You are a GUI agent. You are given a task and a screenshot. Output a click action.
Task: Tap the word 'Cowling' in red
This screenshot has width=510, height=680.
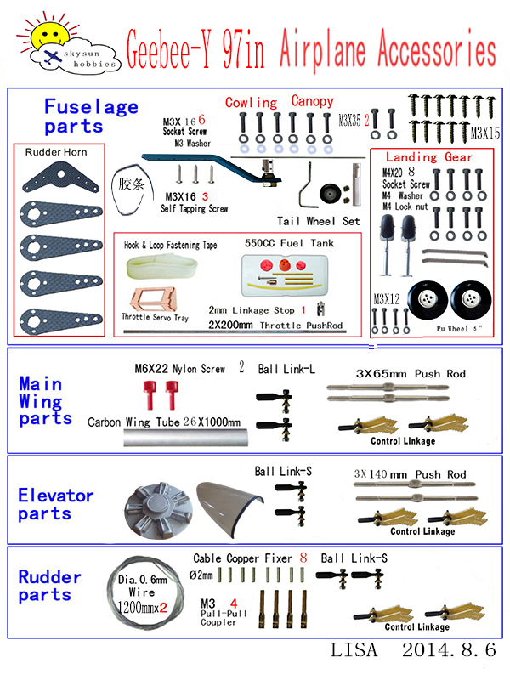point(251,102)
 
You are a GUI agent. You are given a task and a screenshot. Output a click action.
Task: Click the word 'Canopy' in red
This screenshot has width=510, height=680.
point(312,101)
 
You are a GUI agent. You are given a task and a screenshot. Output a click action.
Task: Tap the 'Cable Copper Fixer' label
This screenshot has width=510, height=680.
point(241,558)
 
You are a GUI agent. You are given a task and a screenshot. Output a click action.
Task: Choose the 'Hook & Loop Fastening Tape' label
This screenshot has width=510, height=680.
point(169,245)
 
